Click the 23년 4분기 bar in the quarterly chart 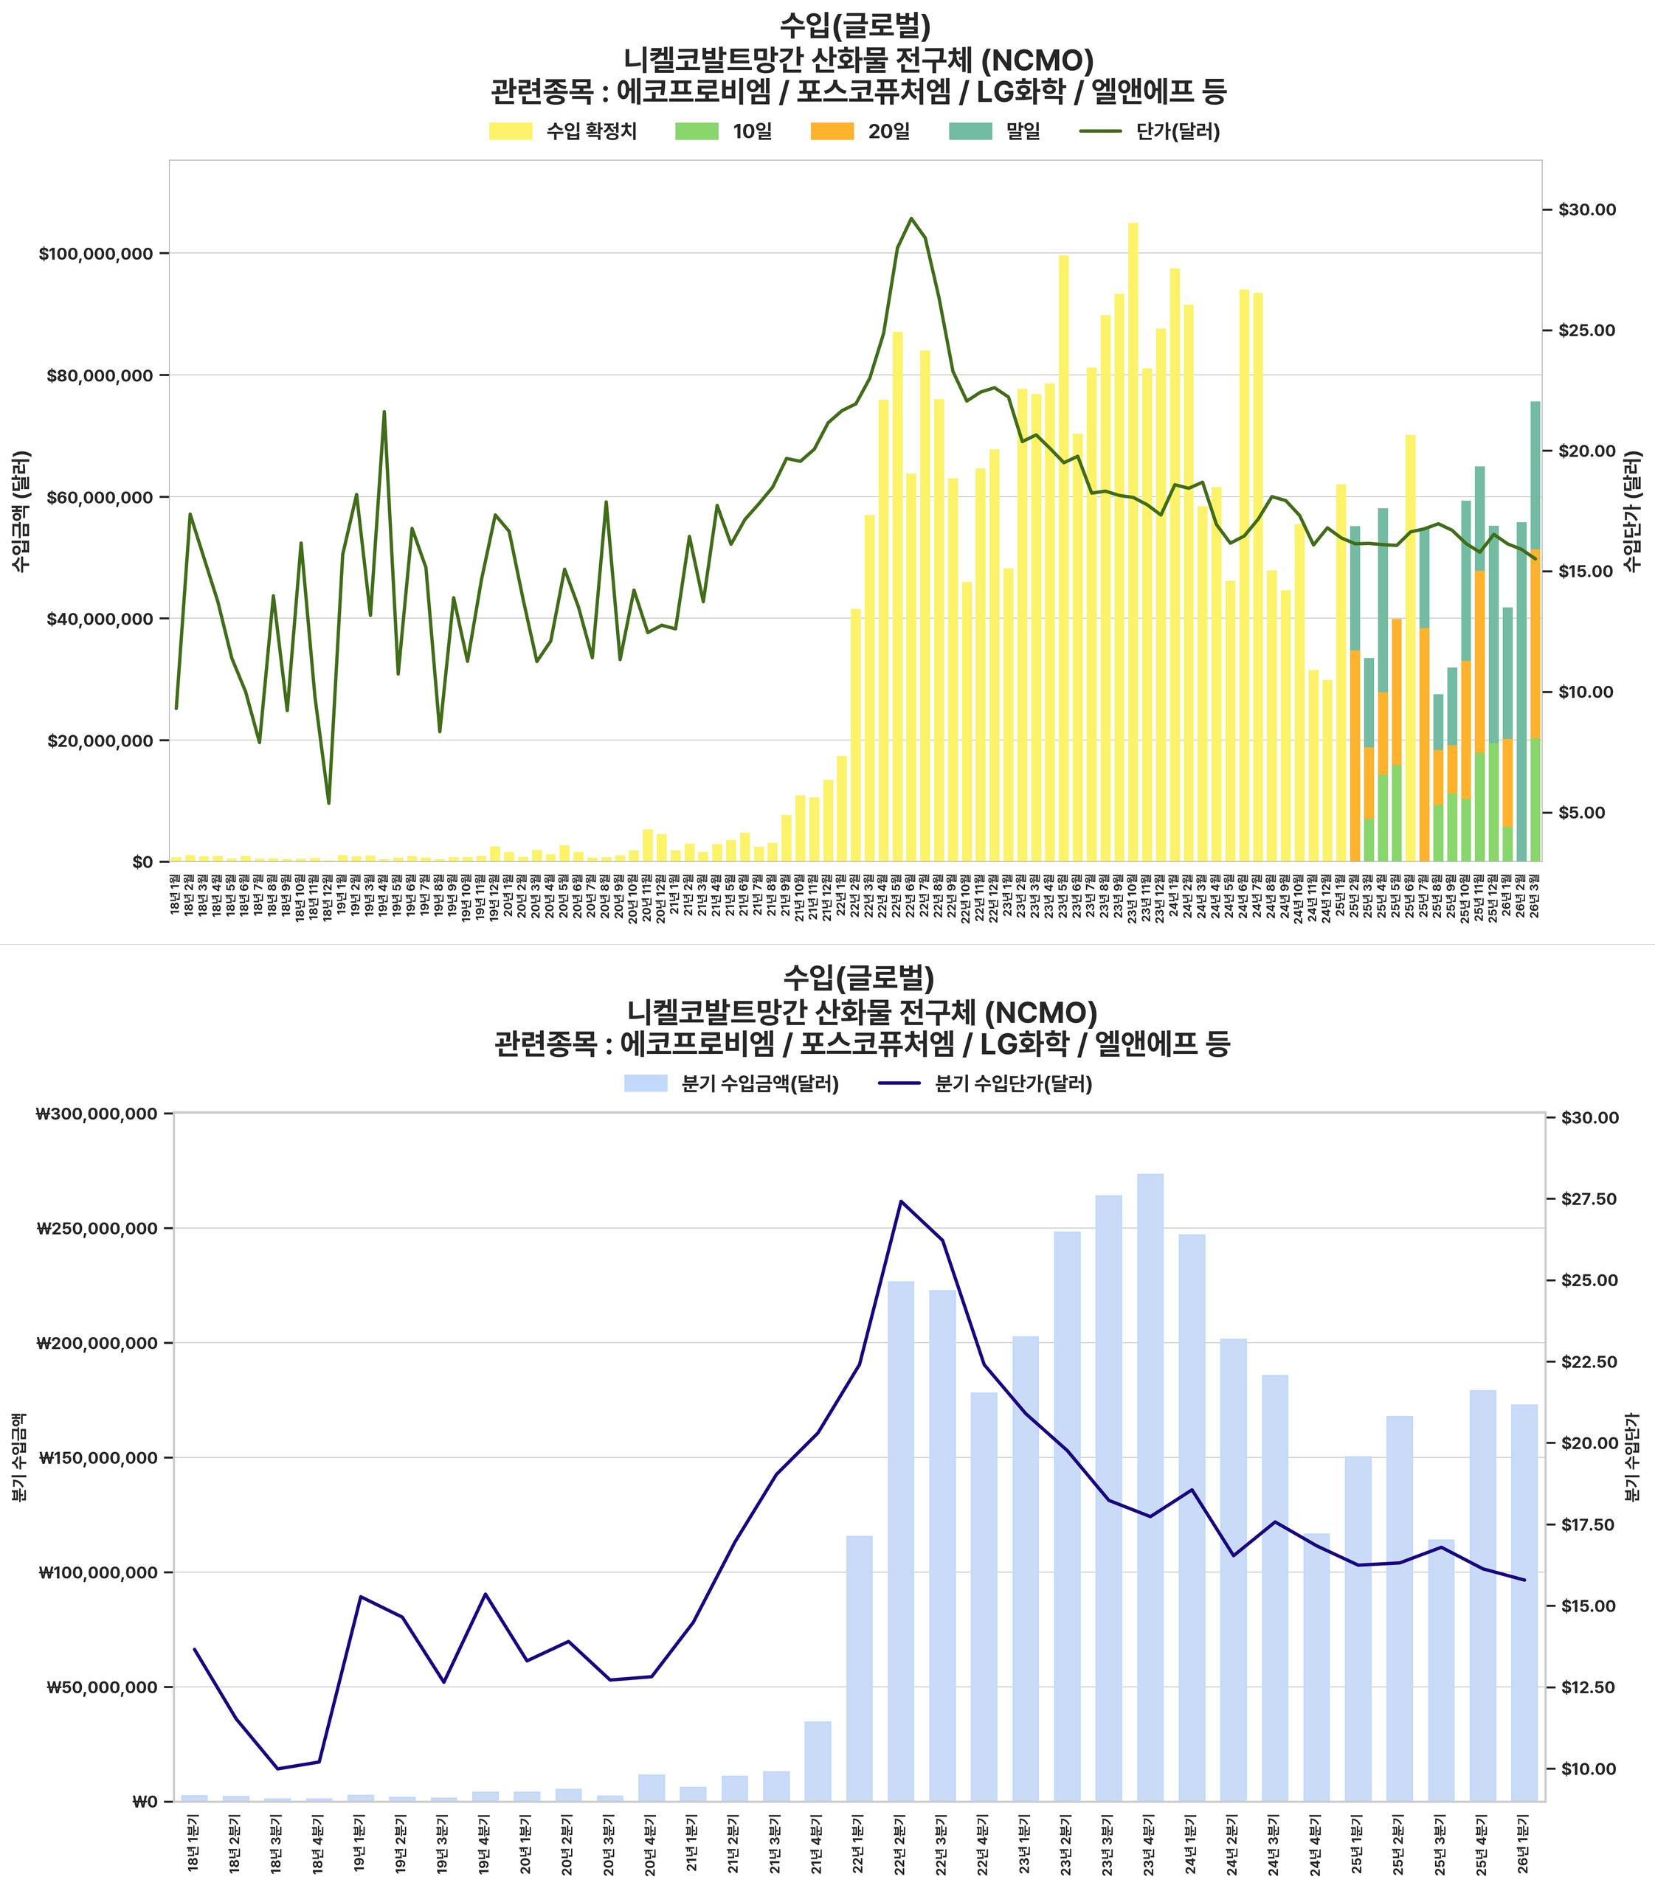point(1150,1486)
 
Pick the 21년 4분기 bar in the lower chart point(818,1760)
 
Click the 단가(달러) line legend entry point(1150,131)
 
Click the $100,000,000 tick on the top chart point(96,254)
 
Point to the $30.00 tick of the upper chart point(1586,209)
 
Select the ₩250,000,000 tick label point(97,1229)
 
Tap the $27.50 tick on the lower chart point(1589,1199)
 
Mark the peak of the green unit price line point(911,218)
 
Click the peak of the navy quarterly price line point(900,1201)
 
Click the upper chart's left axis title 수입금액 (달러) point(21,510)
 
